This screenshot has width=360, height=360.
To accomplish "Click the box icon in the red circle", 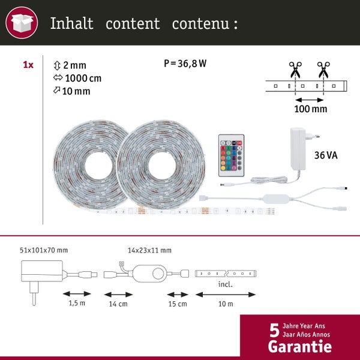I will point(21,24).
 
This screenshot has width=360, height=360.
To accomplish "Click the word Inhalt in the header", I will point(71,24).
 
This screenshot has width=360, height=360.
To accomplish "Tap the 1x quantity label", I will point(28,64).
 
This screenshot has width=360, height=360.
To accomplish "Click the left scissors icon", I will point(296,70).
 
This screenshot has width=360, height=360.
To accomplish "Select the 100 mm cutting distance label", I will point(310,109).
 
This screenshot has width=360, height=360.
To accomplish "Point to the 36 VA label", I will point(326,155).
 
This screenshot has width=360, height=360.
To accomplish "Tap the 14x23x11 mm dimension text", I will point(149,250).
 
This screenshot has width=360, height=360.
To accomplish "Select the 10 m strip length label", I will point(226,304).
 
